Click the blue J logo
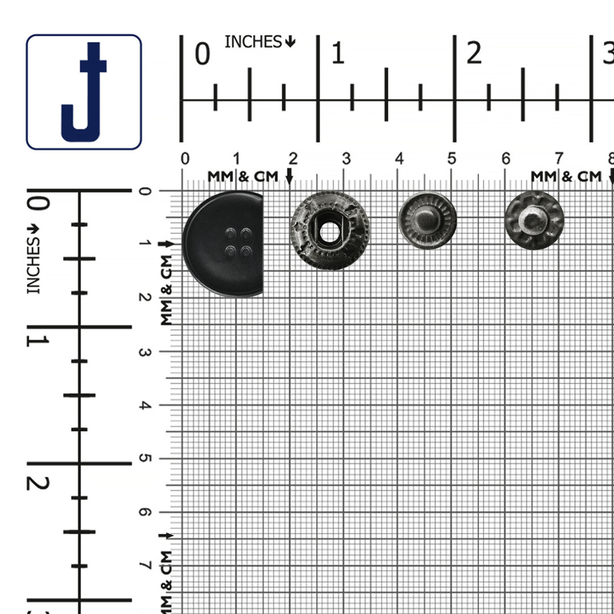click(84, 92)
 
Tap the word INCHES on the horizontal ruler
click(253, 42)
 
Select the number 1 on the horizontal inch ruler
click(338, 54)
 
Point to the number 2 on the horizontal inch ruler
click(474, 54)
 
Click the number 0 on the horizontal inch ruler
click(202, 54)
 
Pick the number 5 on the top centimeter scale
click(451, 159)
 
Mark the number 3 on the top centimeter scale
click(346, 159)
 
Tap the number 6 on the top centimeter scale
click(505, 159)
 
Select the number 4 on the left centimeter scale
click(145, 405)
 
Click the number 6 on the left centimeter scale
click(145, 512)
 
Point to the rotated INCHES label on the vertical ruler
click(34, 265)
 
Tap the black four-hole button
click(223, 244)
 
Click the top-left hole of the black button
click(230, 233)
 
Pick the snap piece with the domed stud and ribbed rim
click(427, 221)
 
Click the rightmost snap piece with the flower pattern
click(534, 221)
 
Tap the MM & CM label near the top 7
click(566, 177)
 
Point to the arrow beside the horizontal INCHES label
click(291, 42)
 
